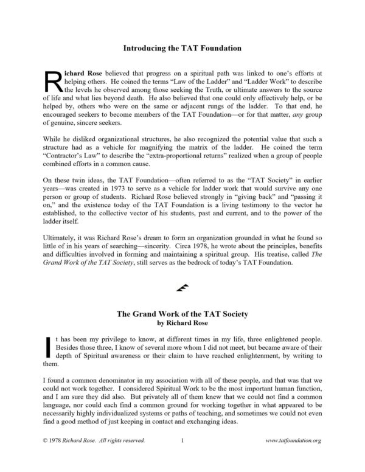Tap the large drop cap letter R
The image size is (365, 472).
pos(53,81)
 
